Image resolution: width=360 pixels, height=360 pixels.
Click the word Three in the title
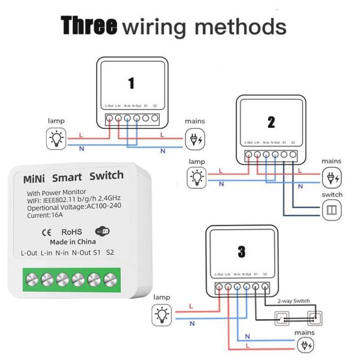(x=88, y=26)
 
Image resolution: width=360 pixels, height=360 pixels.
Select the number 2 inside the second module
(x=271, y=122)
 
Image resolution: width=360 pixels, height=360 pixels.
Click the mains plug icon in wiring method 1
(x=195, y=140)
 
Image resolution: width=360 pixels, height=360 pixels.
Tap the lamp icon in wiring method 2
(x=196, y=178)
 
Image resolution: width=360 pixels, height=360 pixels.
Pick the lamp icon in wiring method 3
(x=161, y=314)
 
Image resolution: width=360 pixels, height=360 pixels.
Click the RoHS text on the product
(x=70, y=231)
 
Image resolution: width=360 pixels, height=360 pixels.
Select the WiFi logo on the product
(x=102, y=231)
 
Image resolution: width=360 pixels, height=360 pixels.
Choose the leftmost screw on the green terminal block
(x=31, y=280)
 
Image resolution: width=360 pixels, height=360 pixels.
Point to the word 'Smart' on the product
(x=67, y=178)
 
